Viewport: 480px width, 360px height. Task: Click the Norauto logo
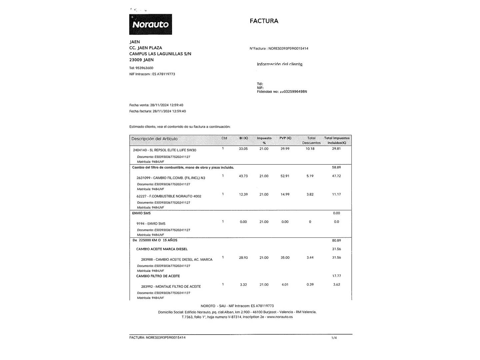(151, 24)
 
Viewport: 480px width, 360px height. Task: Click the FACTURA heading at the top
(264, 21)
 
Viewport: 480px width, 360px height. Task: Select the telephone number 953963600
(144, 68)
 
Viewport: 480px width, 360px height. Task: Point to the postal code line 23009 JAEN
(141, 60)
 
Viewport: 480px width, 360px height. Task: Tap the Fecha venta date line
(156, 105)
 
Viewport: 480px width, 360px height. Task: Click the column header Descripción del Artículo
(154, 139)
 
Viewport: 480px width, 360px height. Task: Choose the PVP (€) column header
(285, 138)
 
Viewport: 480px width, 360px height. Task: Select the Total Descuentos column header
(311, 140)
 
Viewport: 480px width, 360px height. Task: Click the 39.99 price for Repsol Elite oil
(285, 149)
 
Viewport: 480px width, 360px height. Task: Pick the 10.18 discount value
(310, 149)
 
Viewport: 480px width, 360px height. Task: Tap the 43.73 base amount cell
(243, 176)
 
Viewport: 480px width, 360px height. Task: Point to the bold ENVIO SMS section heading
(141, 213)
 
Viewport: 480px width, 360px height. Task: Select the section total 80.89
(336, 240)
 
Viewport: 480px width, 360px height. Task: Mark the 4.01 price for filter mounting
(285, 285)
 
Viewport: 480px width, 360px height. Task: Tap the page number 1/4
(334, 338)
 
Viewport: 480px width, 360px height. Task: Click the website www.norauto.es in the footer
(280, 317)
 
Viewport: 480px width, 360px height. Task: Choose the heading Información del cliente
(280, 64)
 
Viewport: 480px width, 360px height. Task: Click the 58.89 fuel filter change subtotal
(336, 167)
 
